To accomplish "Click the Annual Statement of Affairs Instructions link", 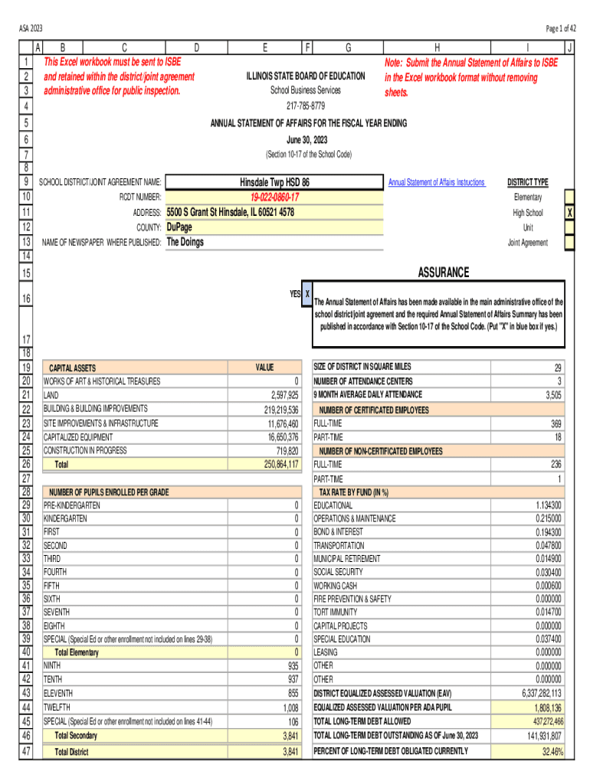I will (436, 182).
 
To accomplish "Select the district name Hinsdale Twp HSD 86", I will (274, 182).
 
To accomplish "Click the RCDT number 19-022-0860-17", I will (274, 197).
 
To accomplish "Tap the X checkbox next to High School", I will (569, 212).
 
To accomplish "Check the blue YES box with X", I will (307, 294).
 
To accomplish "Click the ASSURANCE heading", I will (443, 273).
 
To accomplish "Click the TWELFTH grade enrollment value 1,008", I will (289, 708).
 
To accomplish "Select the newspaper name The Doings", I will (185, 242).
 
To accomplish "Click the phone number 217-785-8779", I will (305, 105).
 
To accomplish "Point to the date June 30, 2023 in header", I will (305, 140).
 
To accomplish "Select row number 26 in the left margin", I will (25, 464).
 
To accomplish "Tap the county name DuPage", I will (180, 227).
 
